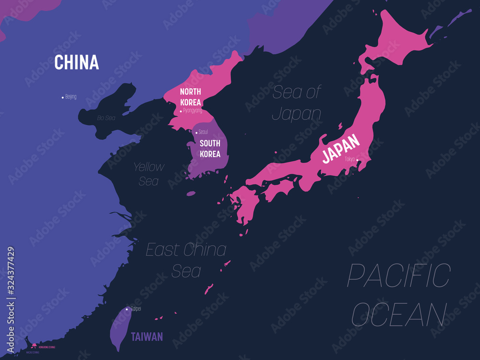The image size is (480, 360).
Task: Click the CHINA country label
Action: (76, 62)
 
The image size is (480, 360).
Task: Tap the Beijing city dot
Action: (62, 97)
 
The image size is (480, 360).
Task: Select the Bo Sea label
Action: (106, 118)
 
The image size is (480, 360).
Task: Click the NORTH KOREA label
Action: (191, 96)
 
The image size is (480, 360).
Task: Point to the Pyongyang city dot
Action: (181, 111)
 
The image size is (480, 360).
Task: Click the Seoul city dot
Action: (196, 132)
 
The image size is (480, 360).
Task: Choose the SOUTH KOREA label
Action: (210, 148)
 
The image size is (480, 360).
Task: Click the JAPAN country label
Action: (340, 148)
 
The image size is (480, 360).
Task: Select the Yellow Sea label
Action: (149, 174)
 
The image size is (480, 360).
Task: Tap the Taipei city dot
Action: (127, 309)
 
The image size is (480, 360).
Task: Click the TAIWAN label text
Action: (147, 336)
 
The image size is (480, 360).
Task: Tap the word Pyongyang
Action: (192, 110)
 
